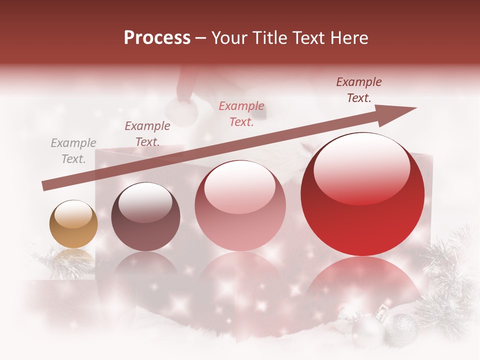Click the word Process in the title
(x=157, y=38)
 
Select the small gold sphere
(x=73, y=224)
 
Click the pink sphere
(x=240, y=205)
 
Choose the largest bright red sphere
(x=362, y=194)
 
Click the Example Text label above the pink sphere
(x=241, y=114)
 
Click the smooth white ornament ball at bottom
(x=367, y=332)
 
